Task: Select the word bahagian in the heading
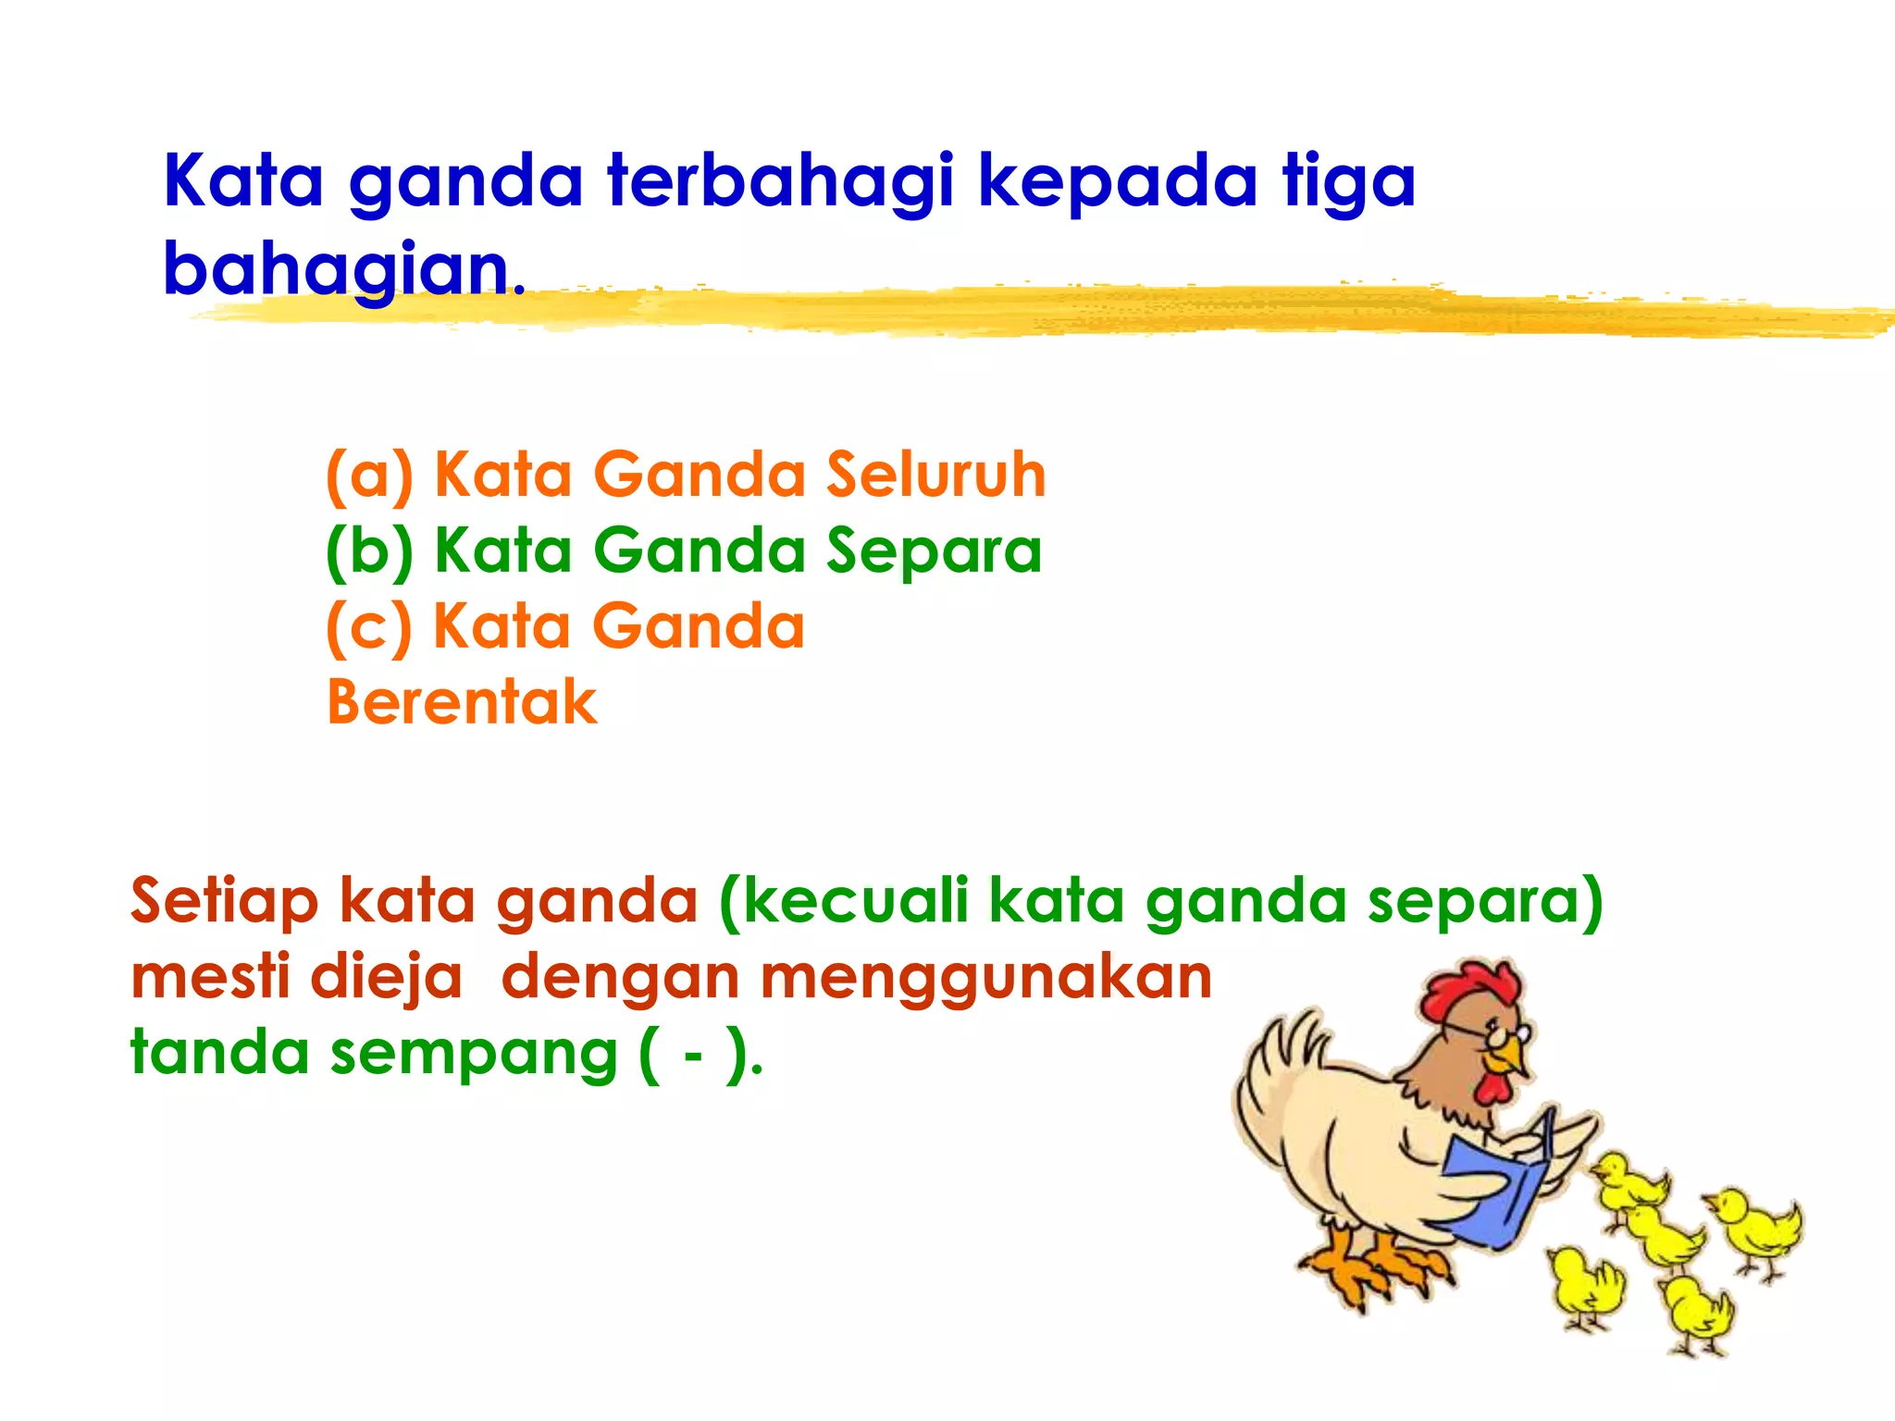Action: pyautogui.click(x=342, y=269)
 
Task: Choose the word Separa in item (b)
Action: pyautogui.click(x=934, y=552)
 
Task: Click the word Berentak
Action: pyautogui.click(x=462, y=702)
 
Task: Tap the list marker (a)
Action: pyautogui.click(x=368, y=476)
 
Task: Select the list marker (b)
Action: pyautogui.click(x=368, y=552)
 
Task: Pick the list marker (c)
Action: pyautogui.click(x=368, y=628)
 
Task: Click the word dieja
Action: pyautogui.click(x=385, y=979)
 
